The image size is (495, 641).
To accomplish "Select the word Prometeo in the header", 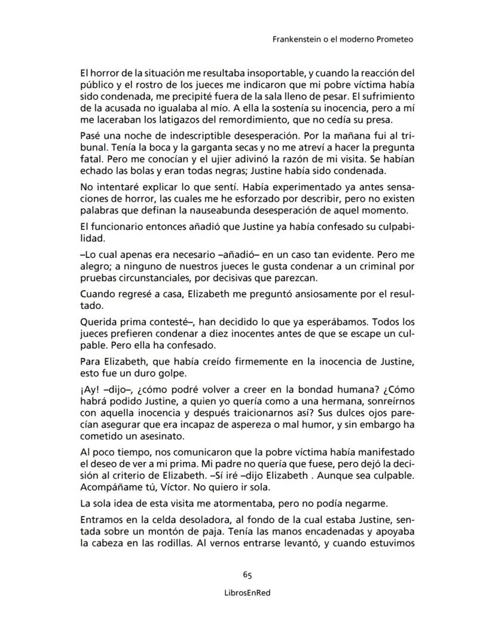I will tap(395, 40).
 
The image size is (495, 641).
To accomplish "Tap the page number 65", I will tap(247, 575).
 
